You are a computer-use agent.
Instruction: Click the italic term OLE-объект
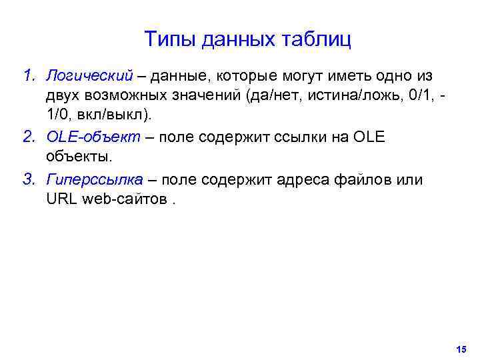[93, 137]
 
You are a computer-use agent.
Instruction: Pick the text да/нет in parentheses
[270, 95]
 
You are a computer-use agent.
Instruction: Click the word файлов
[369, 180]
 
